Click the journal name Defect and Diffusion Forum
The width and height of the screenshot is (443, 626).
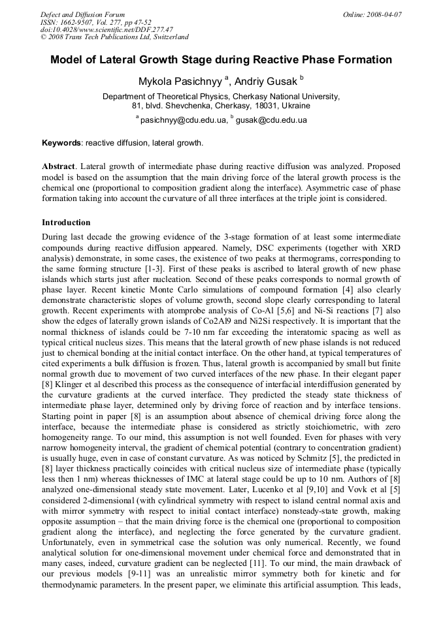(x=82, y=14)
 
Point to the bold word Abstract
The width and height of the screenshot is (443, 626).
(x=59, y=166)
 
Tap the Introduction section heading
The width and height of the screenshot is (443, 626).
(x=66, y=223)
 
